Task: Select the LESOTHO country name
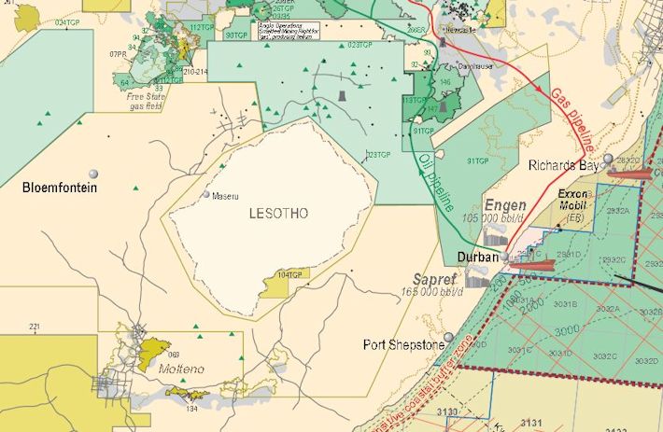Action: pyautogui.click(x=278, y=213)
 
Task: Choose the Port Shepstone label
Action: pyautogui.click(x=402, y=345)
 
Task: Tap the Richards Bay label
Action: pyautogui.click(x=565, y=165)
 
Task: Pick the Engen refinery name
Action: pyautogui.click(x=505, y=205)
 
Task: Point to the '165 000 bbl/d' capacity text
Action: pyautogui.click(x=433, y=292)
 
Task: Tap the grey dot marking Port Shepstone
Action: pyautogui.click(x=449, y=337)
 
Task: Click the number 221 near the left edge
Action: pyautogui.click(x=35, y=326)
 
